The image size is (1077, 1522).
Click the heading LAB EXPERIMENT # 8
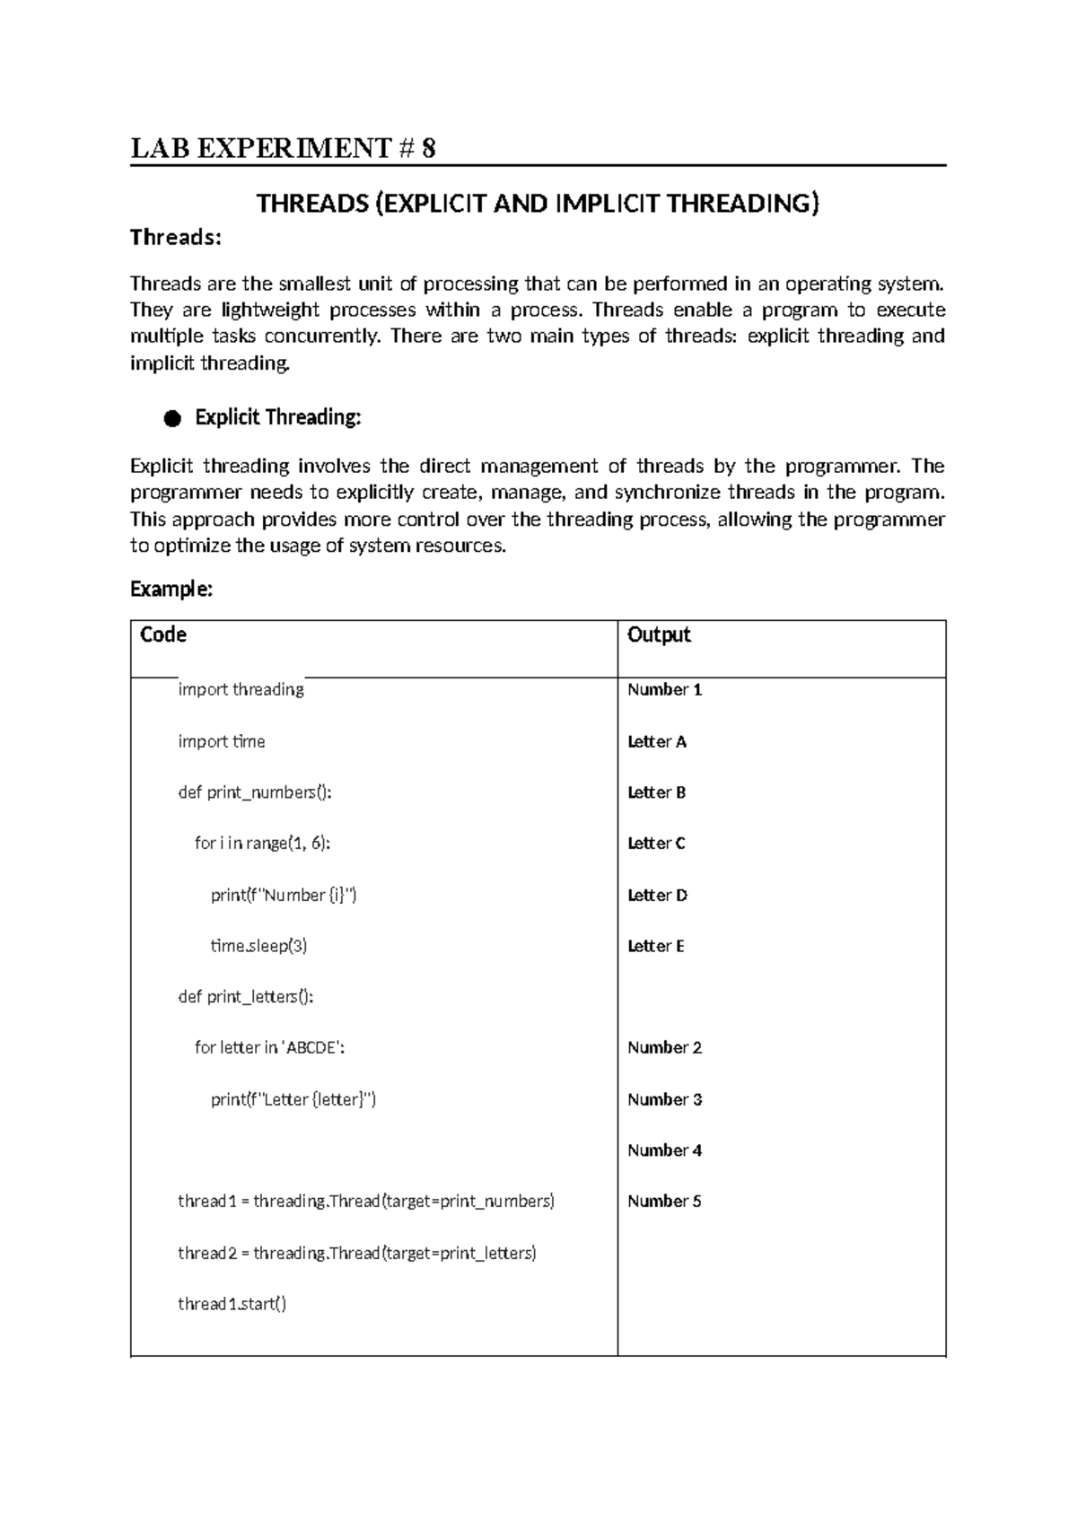click(x=284, y=148)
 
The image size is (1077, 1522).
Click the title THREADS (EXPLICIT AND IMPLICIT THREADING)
click(x=538, y=204)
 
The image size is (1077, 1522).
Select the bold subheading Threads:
click(x=175, y=238)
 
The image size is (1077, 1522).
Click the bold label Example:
click(x=171, y=589)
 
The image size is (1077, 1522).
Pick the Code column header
click(x=163, y=634)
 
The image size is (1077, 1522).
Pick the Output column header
click(x=659, y=634)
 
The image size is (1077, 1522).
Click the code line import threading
click(x=241, y=689)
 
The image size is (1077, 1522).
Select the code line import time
click(x=221, y=741)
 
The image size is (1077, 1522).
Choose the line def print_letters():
click(x=246, y=997)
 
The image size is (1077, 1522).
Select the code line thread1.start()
click(x=232, y=1304)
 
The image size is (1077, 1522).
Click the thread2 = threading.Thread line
click(x=356, y=1253)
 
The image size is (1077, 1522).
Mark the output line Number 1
click(x=664, y=689)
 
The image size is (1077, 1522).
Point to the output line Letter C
click(x=656, y=844)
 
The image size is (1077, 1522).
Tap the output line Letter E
click(x=656, y=946)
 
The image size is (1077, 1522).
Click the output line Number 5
click(x=664, y=1202)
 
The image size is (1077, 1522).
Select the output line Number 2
click(x=664, y=1047)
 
